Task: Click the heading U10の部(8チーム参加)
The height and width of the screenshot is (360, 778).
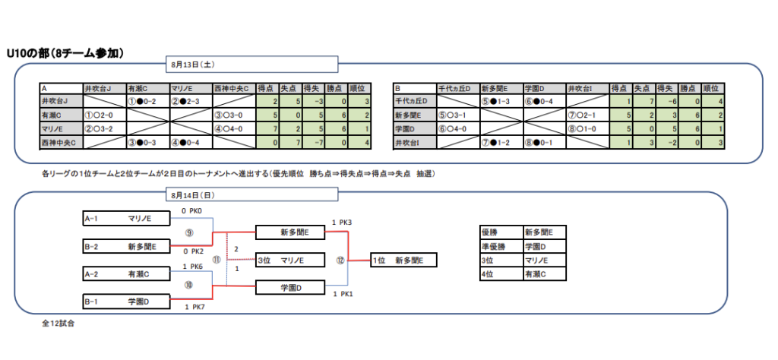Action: tap(65, 54)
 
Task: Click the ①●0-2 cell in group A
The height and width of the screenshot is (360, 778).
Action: tap(148, 102)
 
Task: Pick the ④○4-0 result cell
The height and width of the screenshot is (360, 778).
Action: tap(235, 129)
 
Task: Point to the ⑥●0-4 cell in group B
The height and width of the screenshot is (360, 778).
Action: tap(545, 102)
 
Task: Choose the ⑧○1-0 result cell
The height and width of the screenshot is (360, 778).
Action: tap(588, 129)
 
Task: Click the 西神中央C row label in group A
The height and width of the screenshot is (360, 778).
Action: tap(62, 143)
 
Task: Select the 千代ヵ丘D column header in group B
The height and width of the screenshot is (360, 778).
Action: tap(458, 89)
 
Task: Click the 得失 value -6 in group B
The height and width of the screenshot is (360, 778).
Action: tap(667, 102)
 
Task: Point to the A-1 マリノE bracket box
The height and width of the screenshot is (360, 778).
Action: tap(126, 218)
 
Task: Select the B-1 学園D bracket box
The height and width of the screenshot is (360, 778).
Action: tap(126, 301)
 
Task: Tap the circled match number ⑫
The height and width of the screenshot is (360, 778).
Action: tap(340, 260)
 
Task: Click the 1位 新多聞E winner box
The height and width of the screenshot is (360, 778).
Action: tap(404, 260)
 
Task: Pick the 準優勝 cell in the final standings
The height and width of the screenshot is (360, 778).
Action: tap(501, 246)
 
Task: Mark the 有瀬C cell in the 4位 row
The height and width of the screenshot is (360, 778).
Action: tap(544, 273)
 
